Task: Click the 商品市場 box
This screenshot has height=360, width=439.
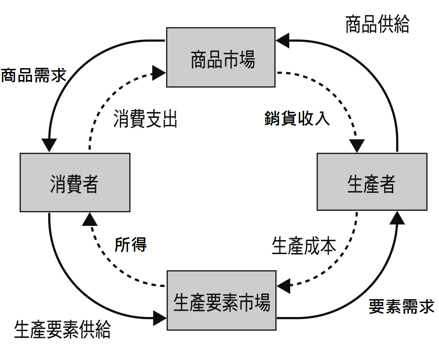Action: click(x=221, y=57)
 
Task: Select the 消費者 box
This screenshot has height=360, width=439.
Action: click(x=75, y=182)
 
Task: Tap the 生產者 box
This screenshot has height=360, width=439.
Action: click(x=372, y=182)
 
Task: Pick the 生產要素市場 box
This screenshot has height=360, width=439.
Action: click(x=221, y=301)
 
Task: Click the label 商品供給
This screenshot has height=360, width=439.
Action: click(x=377, y=24)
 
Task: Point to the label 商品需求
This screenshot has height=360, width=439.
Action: click(x=34, y=75)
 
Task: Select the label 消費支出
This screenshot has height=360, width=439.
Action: click(x=146, y=119)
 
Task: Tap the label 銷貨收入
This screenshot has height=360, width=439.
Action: click(x=297, y=118)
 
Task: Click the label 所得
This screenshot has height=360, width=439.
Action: click(x=131, y=244)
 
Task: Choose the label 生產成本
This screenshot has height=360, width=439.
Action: click(x=304, y=246)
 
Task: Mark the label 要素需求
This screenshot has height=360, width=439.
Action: click(x=402, y=307)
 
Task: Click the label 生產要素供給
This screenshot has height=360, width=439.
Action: click(x=62, y=330)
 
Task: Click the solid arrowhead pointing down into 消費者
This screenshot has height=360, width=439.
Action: click(x=49, y=145)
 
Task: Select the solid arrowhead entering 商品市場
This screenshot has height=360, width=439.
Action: click(x=283, y=41)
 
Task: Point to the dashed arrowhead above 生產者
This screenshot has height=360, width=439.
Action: click(x=357, y=145)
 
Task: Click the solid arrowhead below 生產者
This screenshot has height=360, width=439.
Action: click(x=397, y=218)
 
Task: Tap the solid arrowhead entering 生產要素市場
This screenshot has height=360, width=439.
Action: click(x=160, y=318)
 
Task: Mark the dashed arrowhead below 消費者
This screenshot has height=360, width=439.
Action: click(x=90, y=219)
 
